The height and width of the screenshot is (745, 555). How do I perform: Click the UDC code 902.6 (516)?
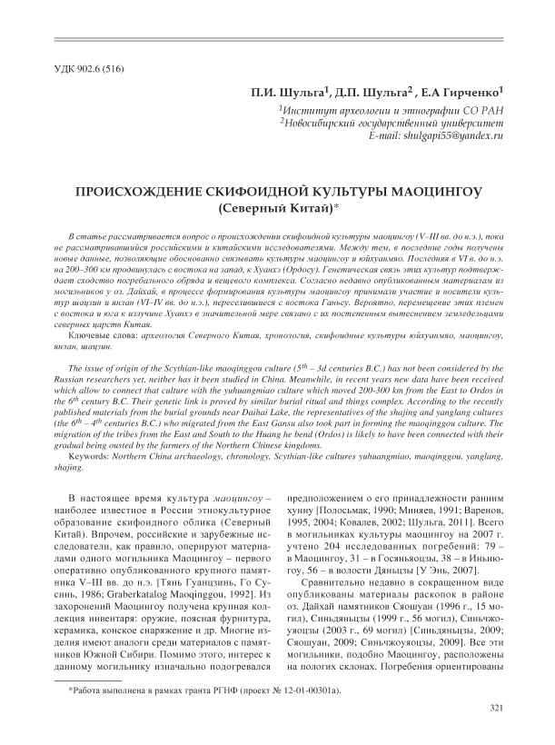point(85,72)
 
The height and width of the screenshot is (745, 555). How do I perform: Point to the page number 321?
point(496,708)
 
